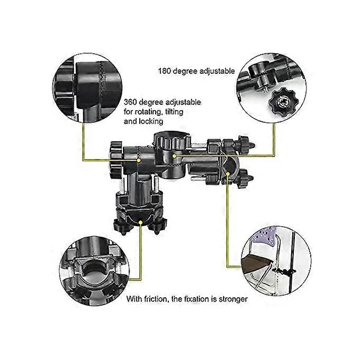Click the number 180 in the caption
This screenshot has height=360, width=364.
click(x=165, y=69)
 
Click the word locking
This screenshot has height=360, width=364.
click(x=151, y=121)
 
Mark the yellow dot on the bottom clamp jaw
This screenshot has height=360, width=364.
click(x=141, y=223)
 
